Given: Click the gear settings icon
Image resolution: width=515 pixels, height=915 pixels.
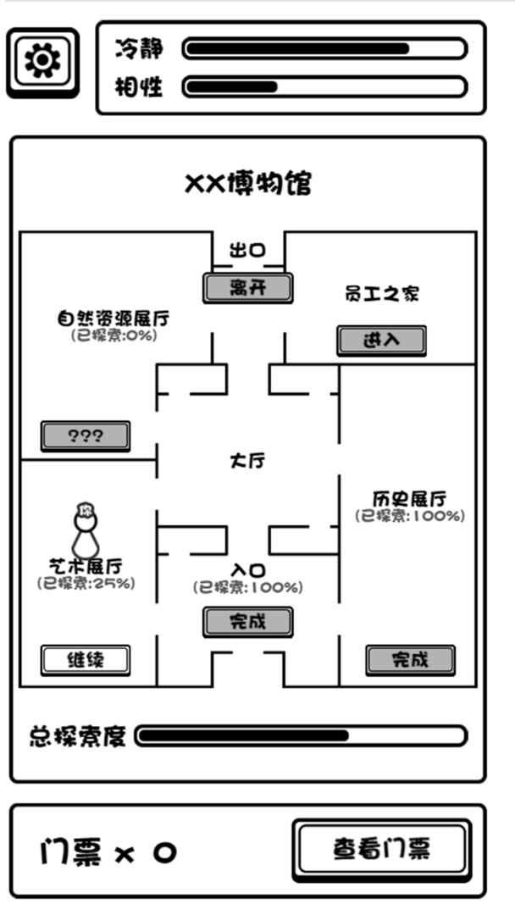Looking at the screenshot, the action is pos(42,62).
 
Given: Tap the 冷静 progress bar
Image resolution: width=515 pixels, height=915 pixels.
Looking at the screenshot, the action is pos(325,48).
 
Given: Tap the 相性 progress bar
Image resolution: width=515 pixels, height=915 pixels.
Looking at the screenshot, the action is pos(325,87).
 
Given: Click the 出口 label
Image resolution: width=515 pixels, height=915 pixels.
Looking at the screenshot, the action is pos(247,251).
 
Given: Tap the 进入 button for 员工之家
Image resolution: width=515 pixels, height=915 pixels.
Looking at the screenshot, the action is pos(381,341).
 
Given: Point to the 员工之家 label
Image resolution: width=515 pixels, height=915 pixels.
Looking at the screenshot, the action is pos(382,293).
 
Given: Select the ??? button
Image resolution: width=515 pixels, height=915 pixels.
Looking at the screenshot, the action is pos(86,436).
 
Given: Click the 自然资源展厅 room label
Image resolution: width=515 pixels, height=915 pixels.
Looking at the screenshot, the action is pos(114,319).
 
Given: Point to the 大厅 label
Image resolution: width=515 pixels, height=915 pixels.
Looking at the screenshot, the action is pos(247,461).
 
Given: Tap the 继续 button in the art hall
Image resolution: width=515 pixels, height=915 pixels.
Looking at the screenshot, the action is pos(86,661).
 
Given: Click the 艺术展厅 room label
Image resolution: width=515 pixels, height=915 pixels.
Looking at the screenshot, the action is pos(86,567).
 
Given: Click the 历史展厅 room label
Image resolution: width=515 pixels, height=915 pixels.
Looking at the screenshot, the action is pos(410,500).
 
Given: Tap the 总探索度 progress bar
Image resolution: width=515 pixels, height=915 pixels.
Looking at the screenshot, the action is pos(301,736).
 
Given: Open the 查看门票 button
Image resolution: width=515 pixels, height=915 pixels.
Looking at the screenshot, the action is pos(382,849).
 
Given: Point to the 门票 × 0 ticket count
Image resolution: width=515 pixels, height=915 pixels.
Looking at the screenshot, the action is pos(108,852).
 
